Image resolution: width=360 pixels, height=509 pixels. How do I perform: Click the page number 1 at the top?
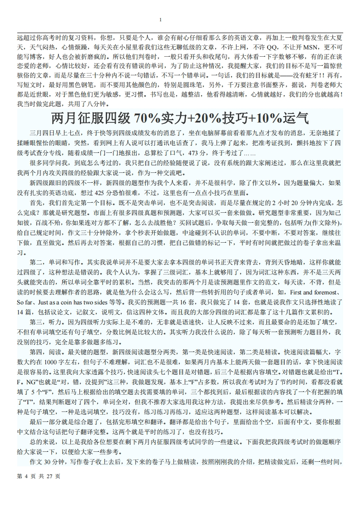pos(161,20)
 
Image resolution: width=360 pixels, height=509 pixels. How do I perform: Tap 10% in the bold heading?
pos(268,119)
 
